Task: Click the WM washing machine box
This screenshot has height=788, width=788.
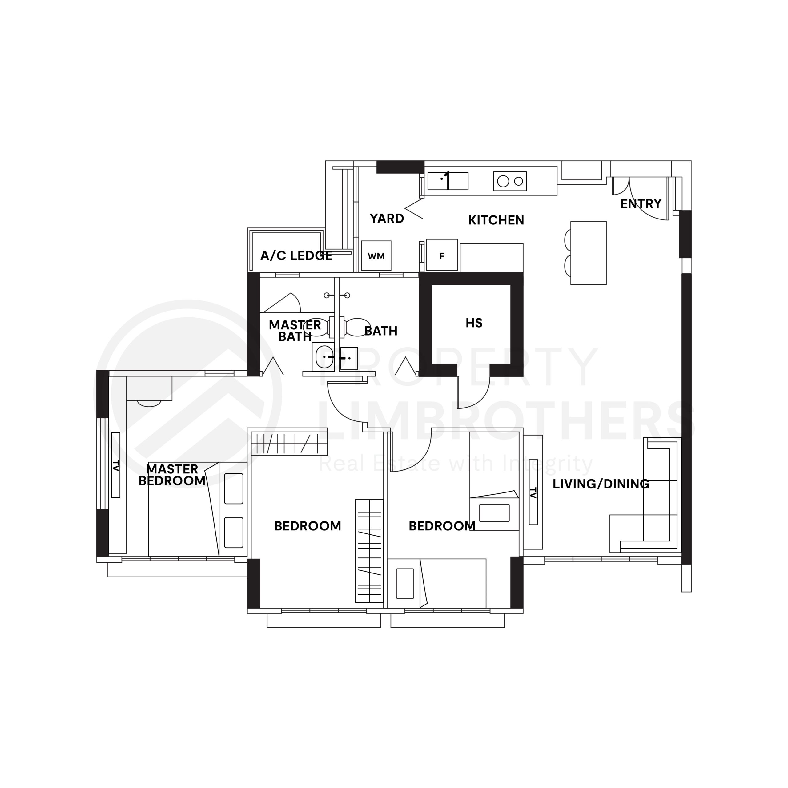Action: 376,256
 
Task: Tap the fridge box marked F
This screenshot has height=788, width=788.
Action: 442,256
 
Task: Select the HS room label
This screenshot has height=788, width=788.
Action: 474,323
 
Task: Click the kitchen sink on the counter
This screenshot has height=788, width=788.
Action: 448,181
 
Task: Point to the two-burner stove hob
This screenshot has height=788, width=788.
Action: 510,181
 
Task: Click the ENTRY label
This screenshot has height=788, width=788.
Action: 641,203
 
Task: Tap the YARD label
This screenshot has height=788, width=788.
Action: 387,219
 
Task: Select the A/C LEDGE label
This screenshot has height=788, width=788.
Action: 296,256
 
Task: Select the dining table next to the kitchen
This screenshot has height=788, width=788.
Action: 588,253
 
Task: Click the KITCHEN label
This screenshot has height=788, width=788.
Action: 496,220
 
